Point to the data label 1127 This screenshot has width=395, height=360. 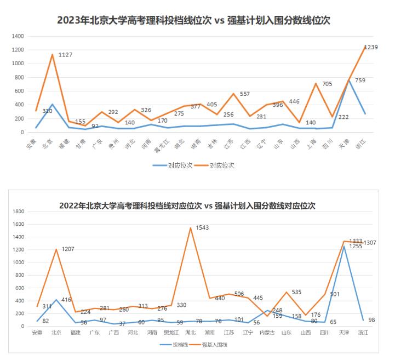65,54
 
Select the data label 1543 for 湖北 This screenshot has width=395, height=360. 202,227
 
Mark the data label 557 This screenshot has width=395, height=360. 244,94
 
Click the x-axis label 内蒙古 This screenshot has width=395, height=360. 266,332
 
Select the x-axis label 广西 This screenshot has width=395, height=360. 113,332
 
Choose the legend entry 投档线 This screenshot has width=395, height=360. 175,345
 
